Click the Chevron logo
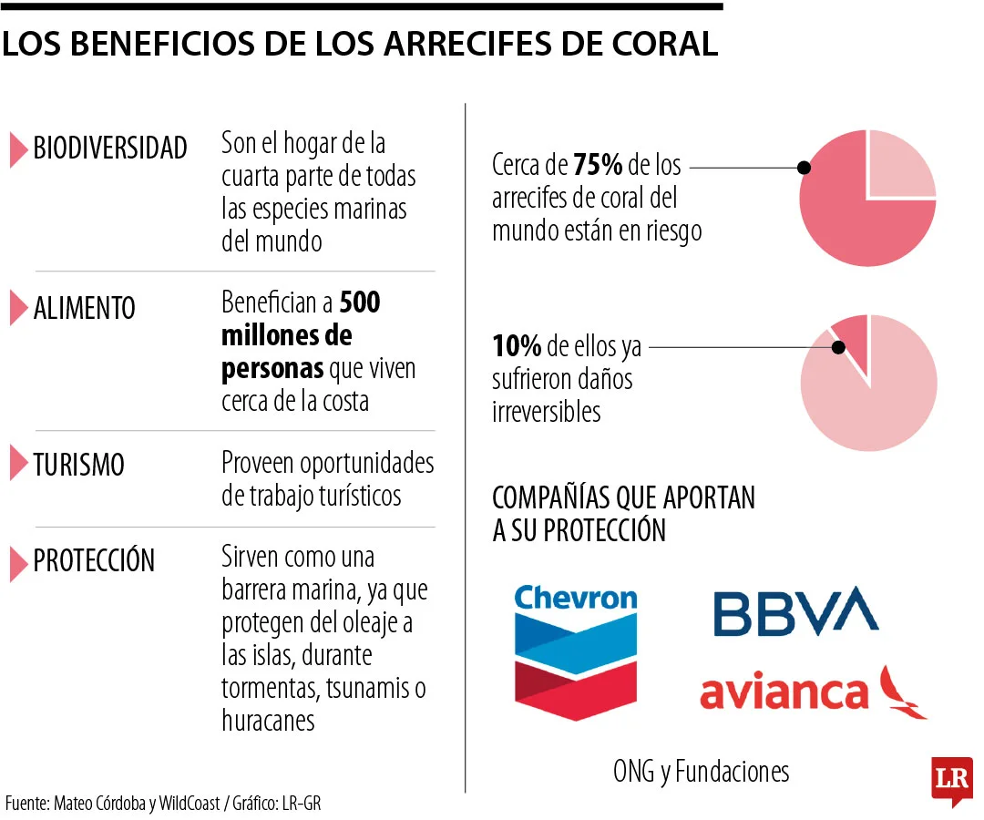576,651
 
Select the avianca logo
812,692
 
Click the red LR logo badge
951,780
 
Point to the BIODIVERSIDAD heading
110,149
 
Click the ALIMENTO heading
84,308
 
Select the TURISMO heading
78,465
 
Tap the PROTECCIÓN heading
94,560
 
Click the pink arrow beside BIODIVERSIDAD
18,149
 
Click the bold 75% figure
598,166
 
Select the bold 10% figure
517,346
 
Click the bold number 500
359,302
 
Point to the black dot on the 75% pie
804,168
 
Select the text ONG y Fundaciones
701,772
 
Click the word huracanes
268,720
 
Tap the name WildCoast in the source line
189,804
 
